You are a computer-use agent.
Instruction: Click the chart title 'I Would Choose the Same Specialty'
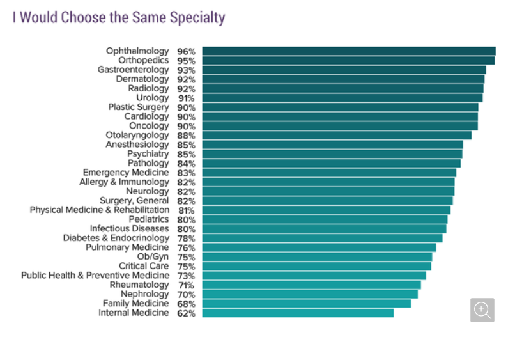119,17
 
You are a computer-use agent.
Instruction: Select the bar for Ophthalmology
348,51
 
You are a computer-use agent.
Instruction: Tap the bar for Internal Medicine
298,313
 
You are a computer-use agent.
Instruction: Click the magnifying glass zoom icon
482,310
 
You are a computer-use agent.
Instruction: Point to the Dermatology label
142,79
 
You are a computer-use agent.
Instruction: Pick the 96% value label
186,51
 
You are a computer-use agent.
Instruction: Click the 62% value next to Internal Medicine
186,313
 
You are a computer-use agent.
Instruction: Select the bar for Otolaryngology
337,135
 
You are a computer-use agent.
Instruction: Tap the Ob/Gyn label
153,257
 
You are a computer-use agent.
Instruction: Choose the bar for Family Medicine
306,304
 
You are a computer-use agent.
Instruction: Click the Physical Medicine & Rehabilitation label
100,210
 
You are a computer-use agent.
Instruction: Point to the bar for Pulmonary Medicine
319,247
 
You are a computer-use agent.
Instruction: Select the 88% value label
186,136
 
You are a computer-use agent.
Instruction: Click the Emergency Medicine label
126,173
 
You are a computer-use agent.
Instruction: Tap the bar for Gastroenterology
344,70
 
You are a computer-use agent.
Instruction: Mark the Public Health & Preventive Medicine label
95,276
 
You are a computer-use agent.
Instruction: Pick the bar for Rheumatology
311,285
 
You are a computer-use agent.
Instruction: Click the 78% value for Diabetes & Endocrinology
186,239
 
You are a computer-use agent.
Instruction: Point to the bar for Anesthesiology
332,145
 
